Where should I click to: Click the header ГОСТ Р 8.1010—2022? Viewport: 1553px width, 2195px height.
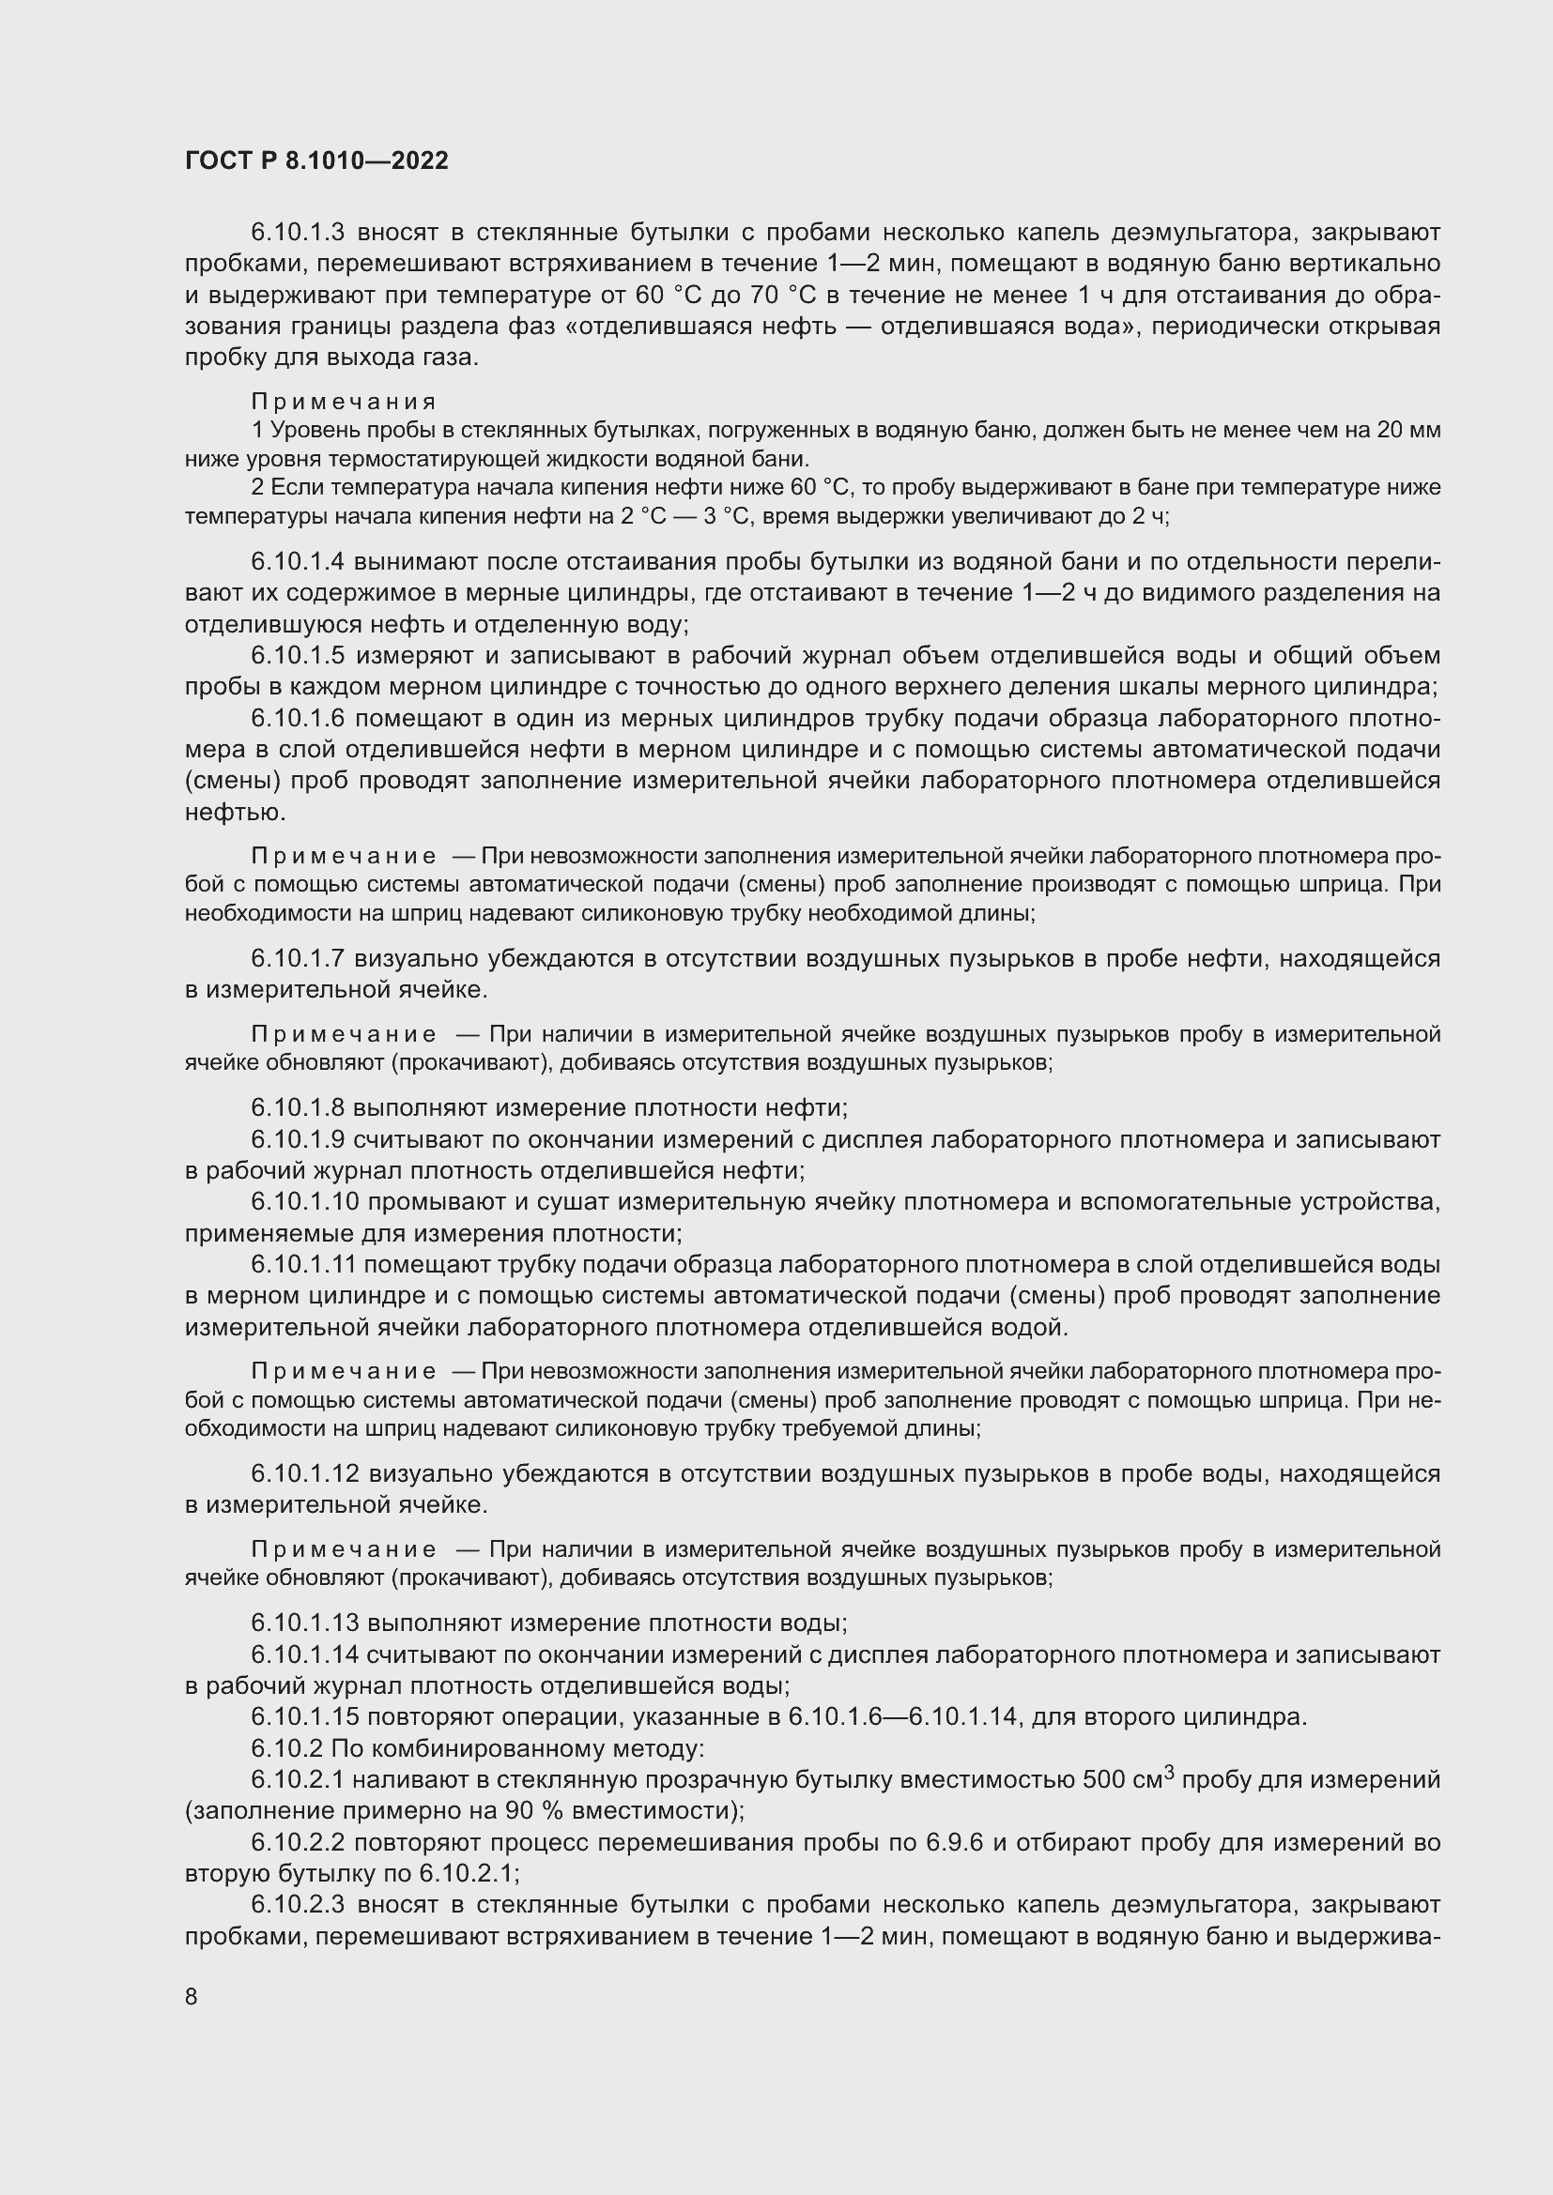tap(316, 161)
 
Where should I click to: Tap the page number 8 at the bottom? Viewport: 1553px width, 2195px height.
tap(192, 1996)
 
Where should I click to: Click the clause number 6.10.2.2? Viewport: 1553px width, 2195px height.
tap(297, 1842)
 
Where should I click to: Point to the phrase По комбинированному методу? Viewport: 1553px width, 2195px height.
tap(517, 1748)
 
